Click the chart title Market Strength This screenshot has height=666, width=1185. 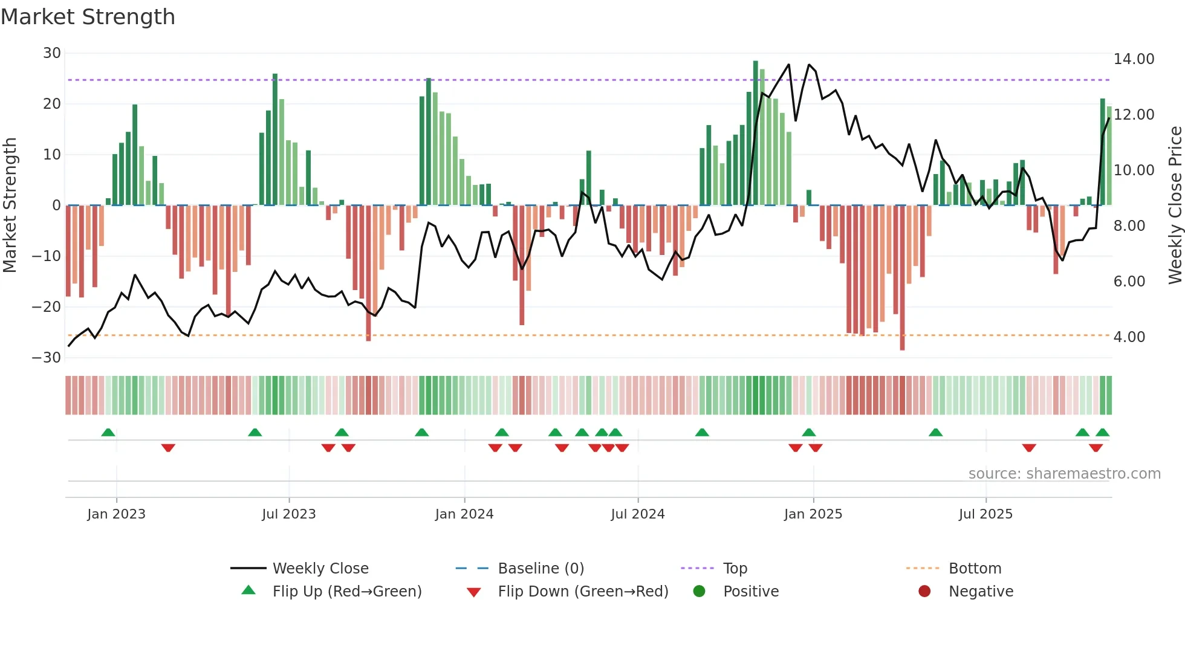click(x=88, y=17)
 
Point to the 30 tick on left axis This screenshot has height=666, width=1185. click(x=52, y=53)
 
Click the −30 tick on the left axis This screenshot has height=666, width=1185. click(x=47, y=357)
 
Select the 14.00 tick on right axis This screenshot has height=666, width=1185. click(x=1134, y=59)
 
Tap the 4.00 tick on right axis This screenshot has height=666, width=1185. click(x=1129, y=337)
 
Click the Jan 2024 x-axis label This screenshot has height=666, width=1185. click(x=464, y=514)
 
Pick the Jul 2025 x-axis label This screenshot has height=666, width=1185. click(x=985, y=514)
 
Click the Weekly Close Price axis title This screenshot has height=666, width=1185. click(x=1175, y=205)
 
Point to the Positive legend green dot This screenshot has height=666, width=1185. click(x=699, y=591)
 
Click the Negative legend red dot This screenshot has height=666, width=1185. click(x=924, y=591)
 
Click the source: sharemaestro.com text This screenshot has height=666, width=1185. click(x=1064, y=474)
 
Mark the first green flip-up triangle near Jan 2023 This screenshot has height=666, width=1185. click(x=108, y=432)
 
